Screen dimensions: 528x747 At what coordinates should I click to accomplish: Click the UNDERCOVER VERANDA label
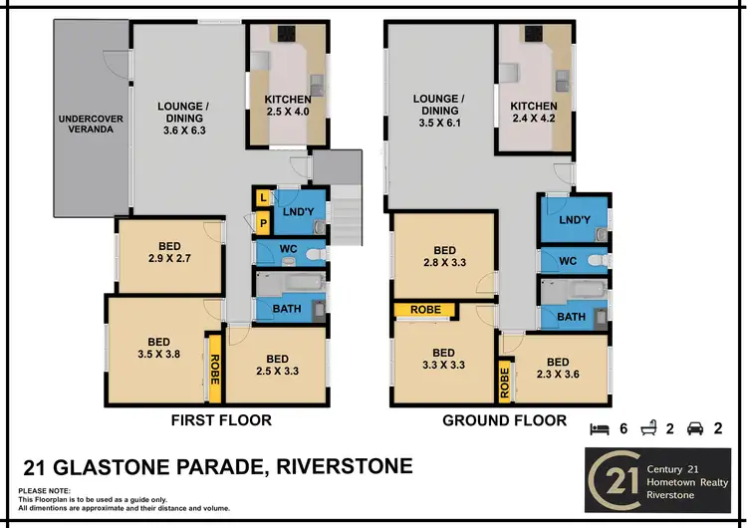click(91, 125)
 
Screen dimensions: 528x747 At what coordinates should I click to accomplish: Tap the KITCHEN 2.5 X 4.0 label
click(288, 107)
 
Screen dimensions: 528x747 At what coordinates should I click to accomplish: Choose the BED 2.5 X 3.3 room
click(277, 366)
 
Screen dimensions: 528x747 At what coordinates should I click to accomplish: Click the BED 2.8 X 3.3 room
click(444, 256)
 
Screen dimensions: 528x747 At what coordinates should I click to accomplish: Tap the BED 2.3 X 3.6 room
click(558, 369)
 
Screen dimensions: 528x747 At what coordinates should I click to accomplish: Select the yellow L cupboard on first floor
click(262, 197)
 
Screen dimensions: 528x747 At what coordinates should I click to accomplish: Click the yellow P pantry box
click(263, 223)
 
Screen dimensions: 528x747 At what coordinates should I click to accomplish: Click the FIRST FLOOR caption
click(220, 420)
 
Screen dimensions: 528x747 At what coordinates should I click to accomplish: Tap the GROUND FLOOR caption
click(504, 420)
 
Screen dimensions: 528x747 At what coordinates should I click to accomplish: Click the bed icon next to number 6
click(600, 428)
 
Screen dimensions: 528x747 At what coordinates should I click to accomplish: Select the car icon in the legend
click(695, 428)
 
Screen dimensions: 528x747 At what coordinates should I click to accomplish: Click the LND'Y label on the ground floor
click(576, 219)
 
